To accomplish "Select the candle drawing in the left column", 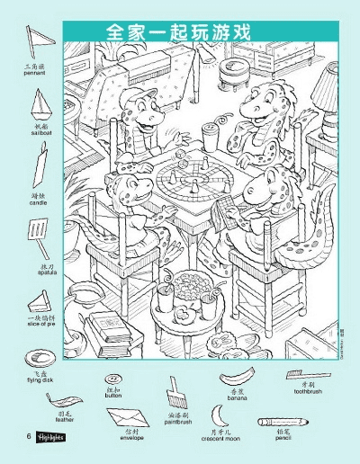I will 39,168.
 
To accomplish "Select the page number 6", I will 17,437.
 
